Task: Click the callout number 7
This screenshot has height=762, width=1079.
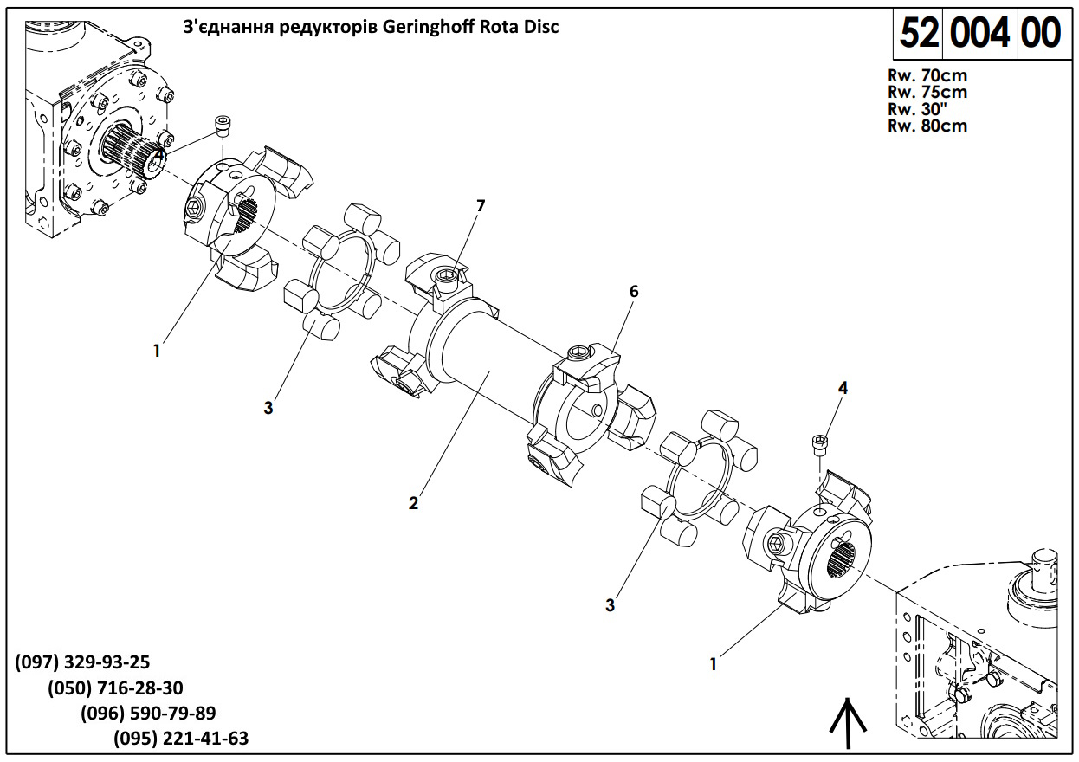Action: click(x=481, y=205)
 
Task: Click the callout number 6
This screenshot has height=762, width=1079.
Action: click(x=634, y=292)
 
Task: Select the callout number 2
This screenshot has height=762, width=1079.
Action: click(x=414, y=503)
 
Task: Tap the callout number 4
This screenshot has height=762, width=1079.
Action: click(x=843, y=388)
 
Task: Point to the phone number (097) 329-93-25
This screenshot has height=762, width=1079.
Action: click(x=83, y=662)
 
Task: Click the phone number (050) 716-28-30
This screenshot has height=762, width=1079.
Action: click(x=115, y=688)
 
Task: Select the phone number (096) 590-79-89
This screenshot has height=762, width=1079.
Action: click(x=148, y=714)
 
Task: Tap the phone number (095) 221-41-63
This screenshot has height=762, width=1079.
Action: click(x=181, y=739)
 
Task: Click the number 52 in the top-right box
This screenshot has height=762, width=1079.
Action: click(x=920, y=33)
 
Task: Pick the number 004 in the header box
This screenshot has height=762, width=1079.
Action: click(x=980, y=33)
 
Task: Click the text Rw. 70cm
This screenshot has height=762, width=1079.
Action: click(x=927, y=75)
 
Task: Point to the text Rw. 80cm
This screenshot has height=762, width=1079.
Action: click(x=927, y=126)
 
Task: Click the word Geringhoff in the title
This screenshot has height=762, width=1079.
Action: click(x=430, y=27)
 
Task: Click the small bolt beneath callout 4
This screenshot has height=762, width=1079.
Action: click(x=819, y=444)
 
